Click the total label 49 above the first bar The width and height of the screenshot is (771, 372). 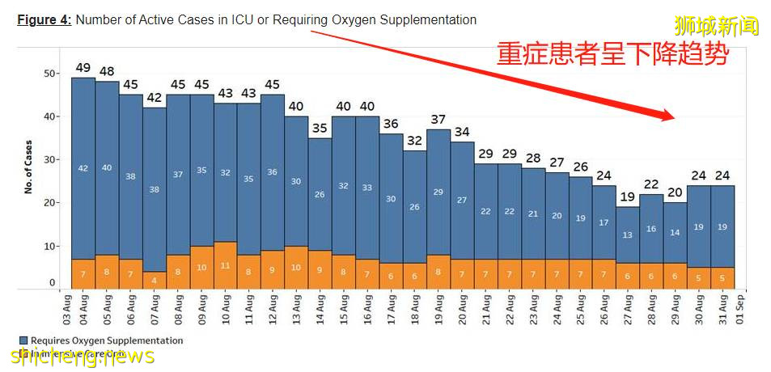[83, 67]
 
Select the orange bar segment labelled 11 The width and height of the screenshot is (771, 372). [226, 265]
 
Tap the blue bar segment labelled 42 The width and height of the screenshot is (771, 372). [83, 168]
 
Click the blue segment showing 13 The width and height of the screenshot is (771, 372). [629, 235]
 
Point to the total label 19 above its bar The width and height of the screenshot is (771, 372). [629, 197]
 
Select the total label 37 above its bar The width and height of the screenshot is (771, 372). [438, 119]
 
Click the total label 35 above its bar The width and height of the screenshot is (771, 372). [320, 128]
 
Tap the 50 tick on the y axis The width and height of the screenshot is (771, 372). [49, 74]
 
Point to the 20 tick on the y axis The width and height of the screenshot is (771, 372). [49, 203]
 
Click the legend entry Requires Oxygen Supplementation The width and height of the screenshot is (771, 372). [100, 340]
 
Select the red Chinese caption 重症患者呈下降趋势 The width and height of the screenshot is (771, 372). [612, 54]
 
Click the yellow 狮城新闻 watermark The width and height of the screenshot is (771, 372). [727, 27]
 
